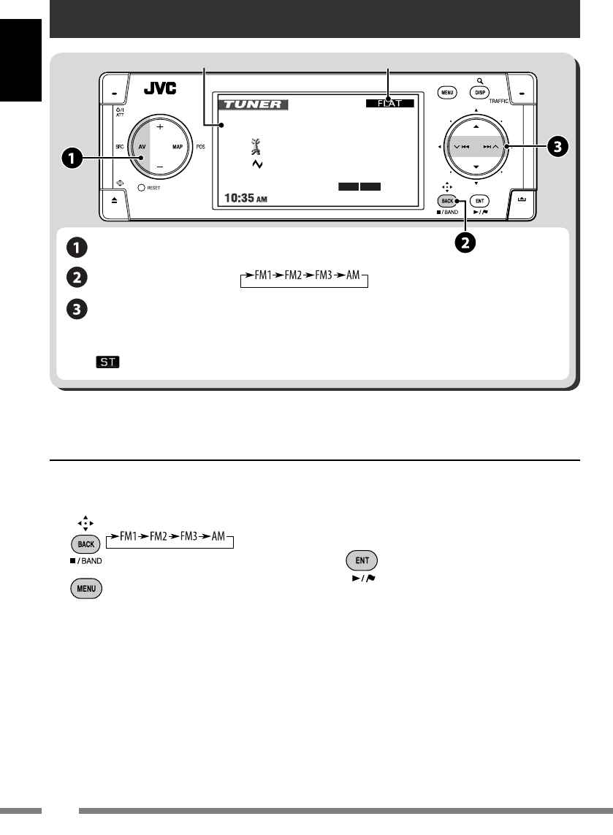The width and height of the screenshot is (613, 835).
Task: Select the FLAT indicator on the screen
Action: pos(390,104)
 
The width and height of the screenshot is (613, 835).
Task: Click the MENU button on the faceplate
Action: pos(447,93)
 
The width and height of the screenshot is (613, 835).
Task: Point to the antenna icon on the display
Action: pos(255,148)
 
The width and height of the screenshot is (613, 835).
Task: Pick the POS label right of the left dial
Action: pos(200,147)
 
